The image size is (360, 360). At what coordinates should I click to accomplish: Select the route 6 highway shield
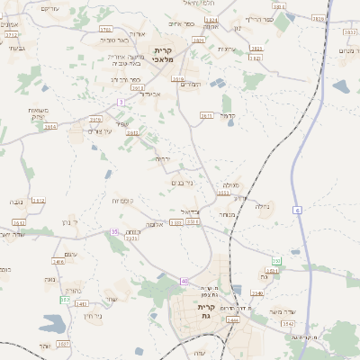(297, 210)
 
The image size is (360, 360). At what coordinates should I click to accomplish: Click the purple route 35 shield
(114, 232)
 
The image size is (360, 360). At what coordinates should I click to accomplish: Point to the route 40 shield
(184, 282)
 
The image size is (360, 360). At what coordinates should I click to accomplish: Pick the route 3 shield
(120, 102)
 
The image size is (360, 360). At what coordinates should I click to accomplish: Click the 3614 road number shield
(49, 127)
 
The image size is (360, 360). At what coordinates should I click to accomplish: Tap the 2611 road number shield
(206, 115)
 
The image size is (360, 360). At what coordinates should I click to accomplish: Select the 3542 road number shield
(288, 322)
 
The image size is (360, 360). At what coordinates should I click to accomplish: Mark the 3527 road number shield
(62, 344)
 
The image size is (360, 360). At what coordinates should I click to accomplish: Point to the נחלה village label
(263, 206)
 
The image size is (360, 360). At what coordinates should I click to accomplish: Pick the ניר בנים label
(182, 183)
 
